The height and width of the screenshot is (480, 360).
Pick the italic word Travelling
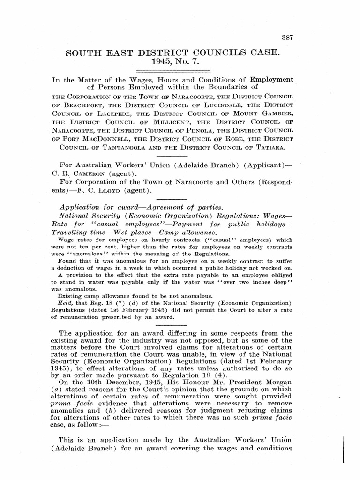(x=74, y=232)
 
